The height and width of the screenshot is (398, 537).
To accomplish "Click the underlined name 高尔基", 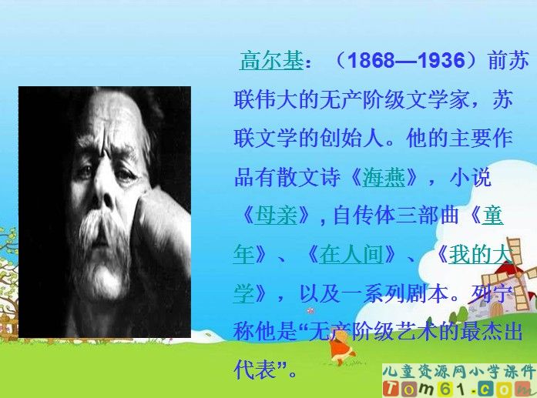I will click(x=271, y=61).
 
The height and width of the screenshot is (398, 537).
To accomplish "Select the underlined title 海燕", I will click(x=383, y=178).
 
